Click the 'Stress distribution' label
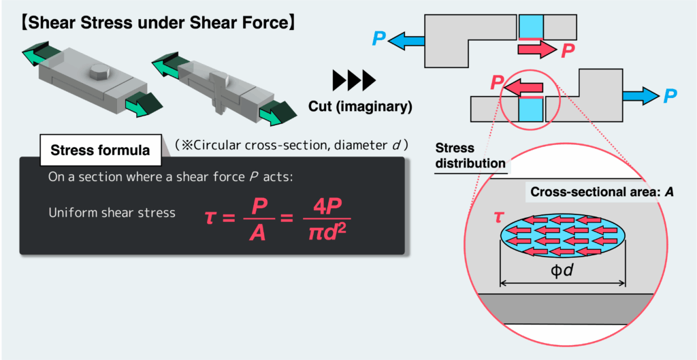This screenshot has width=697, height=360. (470, 156)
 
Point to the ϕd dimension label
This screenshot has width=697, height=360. (563, 271)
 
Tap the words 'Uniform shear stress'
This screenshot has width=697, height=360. (112, 213)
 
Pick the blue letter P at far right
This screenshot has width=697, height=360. (670, 96)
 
